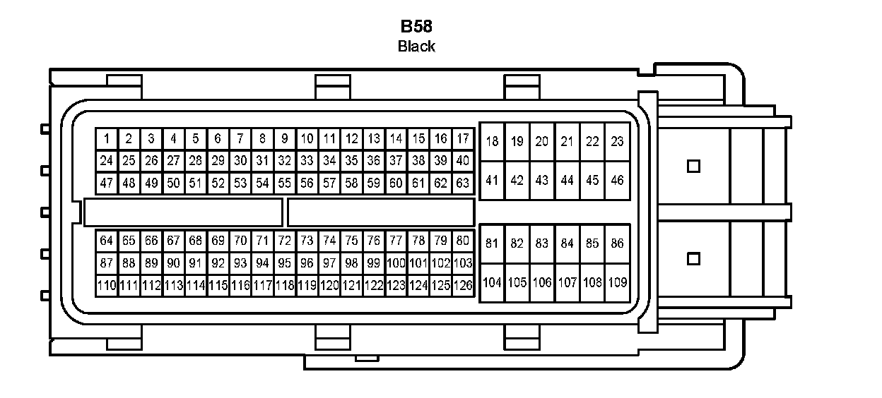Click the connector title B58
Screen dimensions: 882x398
pos(416,28)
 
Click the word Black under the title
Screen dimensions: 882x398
pos(416,47)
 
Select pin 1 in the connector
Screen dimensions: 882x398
pos(107,138)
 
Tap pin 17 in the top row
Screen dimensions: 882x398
pos(463,138)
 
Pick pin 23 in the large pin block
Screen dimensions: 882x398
pos(617,141)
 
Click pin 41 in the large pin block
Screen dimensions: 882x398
pos(492,180)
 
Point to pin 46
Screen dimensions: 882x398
pos(617,180)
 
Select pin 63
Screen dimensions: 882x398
pos(463,183)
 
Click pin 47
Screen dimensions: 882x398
pos(107,183)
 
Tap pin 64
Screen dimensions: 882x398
pos(107,241)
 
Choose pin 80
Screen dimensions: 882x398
pos(463,241)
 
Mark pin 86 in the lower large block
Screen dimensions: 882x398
pos(617,243)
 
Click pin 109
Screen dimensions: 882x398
pos(617,282)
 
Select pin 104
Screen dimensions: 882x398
pos(492,282)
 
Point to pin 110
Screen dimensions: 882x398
pos(107,286)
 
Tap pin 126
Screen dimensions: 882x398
pos(463,286)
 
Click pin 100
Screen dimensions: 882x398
pos(396,263)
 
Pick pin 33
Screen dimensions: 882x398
pos(307,161)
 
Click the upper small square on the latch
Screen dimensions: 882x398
pos(693,166)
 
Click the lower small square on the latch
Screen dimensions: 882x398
pos(693,259)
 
